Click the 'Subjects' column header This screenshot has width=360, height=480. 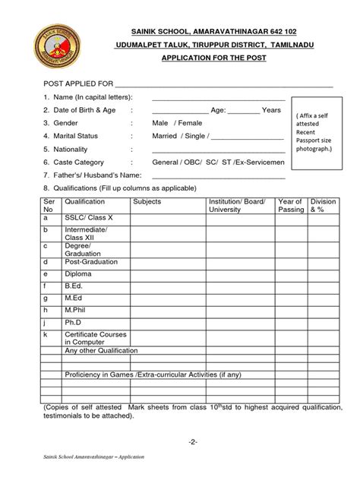pyautogui.click(x=147, y=202)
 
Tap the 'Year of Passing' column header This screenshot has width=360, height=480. pyautogui.click(x=290, y=206)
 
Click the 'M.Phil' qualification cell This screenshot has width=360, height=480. pyautogui.click(x=77, y=311)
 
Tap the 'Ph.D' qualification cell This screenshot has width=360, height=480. pyautogui.click(x=74, y=323)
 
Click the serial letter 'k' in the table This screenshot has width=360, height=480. pyautogui.click(x=47, y=335)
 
